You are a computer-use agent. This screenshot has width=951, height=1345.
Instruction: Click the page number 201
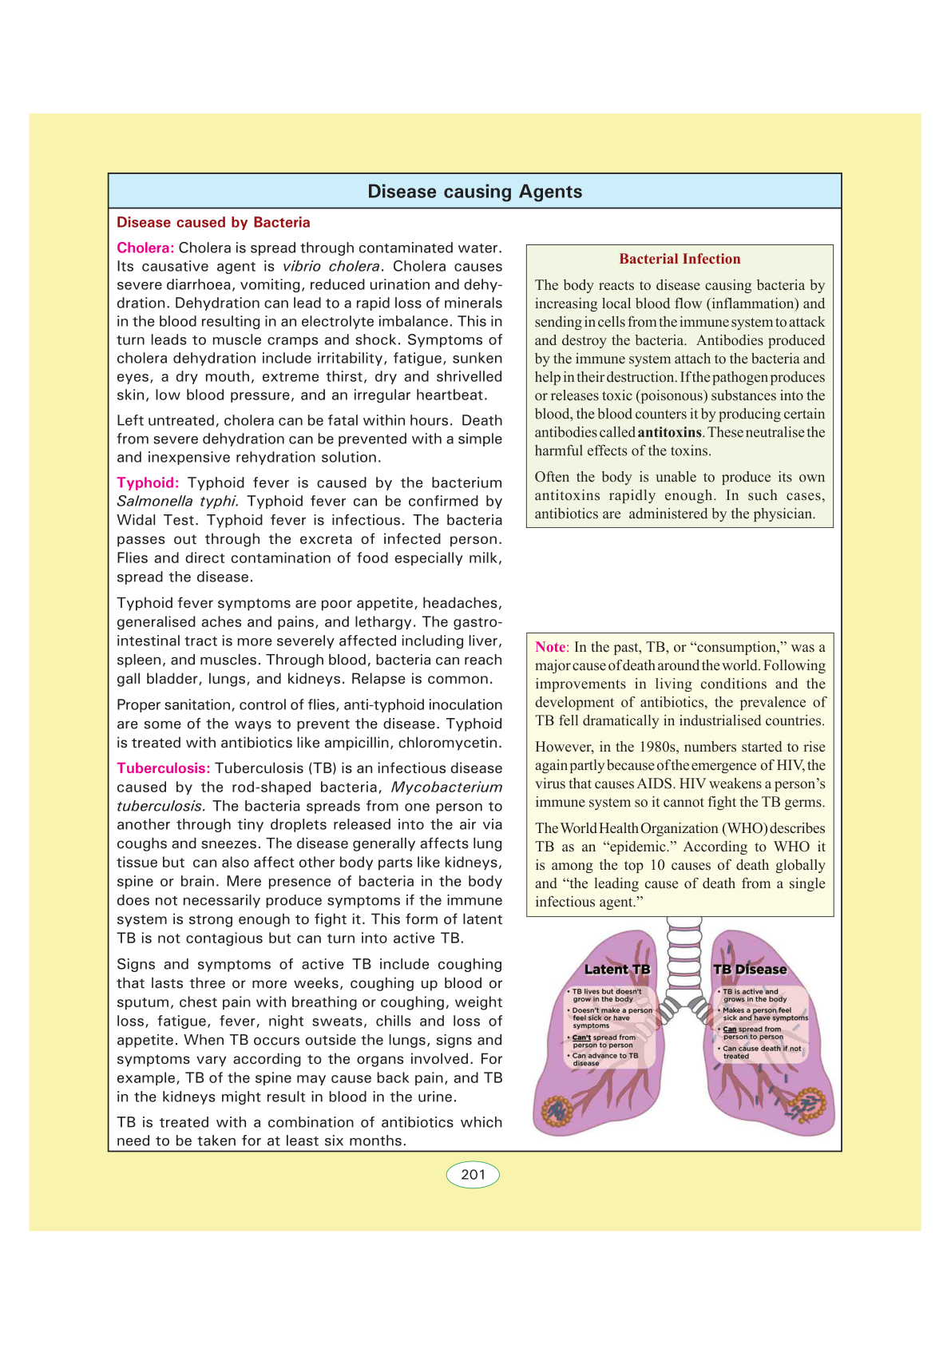[x=473, y=1174]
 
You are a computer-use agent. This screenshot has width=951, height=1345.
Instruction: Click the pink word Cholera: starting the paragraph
[x=145, y=248]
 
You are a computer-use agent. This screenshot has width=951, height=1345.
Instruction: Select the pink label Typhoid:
[x=148, y=482]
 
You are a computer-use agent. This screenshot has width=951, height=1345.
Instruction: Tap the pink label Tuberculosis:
[x=164, y=768]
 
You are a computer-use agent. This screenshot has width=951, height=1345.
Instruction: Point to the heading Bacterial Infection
[x=680, y=259]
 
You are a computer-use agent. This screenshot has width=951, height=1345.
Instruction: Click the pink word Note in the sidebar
[x=550, y=647]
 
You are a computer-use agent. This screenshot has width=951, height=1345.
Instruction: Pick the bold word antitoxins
[x=669, y=432]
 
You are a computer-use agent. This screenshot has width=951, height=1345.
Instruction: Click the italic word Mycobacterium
[x=446, y=787]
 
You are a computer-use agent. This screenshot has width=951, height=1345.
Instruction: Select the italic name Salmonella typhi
[x=177, y=502]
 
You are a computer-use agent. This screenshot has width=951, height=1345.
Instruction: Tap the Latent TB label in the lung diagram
[x=617, y=969]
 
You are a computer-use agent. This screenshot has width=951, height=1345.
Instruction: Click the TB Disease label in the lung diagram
[x=750, y=969]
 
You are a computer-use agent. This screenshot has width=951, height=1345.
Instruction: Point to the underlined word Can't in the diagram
[x=581, y=1038]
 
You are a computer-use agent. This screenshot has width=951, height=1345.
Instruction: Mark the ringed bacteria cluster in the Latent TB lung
[x=557, y=1110]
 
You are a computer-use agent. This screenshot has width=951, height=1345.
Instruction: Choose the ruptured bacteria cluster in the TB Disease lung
[x=808, y=1106]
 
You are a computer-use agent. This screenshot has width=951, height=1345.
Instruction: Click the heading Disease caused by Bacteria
[x=213, y=223]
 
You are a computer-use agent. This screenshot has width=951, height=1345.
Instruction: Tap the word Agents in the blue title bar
[x=550, y=192]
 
